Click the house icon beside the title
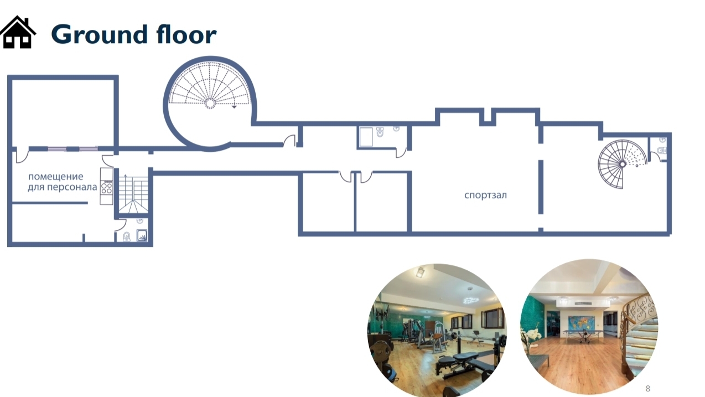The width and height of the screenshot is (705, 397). (18, 32)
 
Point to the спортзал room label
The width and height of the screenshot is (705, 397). (485, 195)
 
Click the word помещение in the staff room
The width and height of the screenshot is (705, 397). (56, 176)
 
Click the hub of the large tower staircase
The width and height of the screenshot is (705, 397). (210, 103)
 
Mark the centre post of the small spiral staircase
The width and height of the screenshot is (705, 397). (622, 164)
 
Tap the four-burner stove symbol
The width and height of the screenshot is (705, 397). (107, 187)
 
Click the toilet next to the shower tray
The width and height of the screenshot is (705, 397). (127, 236)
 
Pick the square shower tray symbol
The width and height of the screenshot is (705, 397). (142, 235)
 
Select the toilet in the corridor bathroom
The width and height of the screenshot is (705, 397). (380, 132)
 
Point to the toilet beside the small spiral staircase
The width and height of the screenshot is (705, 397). (662, 150)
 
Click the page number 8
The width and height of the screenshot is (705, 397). (647, 389)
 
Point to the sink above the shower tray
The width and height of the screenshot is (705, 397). (140, 221)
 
